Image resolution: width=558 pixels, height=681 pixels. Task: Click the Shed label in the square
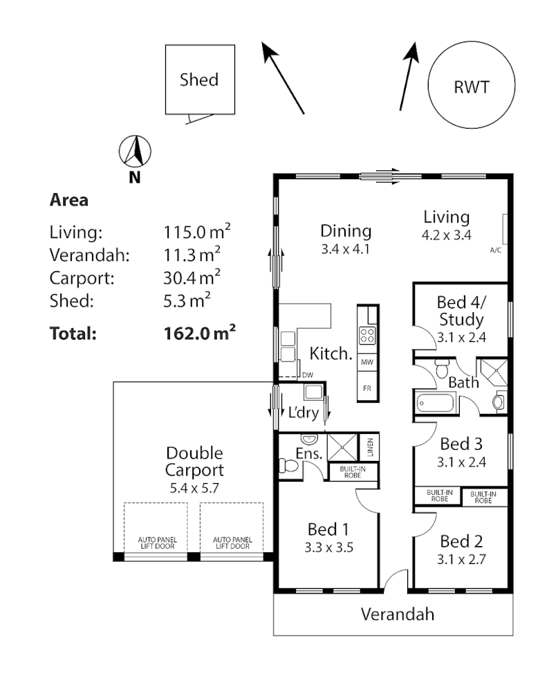click(199, 80)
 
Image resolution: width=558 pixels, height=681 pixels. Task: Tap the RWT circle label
click(472, 87)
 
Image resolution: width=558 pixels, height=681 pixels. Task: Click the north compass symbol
click(136, 151)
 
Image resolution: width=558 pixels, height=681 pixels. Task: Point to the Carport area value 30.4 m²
click(192, 278)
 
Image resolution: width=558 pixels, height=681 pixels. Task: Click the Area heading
click(69, 201)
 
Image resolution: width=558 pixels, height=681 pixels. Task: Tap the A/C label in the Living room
click(495, 249)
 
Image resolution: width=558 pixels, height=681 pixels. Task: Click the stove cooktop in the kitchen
click(367, 337)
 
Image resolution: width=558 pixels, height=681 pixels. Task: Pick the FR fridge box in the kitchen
click(367, 388)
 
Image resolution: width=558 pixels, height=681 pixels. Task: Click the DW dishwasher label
click(308, 375)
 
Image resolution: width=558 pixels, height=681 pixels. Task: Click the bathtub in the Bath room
click(437, 403)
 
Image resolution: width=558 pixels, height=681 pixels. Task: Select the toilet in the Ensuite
click(288, 469)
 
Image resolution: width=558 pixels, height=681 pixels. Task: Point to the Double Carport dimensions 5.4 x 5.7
click(194, 488)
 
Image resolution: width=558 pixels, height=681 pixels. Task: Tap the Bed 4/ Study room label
click(461, 311)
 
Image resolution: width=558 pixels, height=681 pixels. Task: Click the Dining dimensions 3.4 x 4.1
click(346, 248)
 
